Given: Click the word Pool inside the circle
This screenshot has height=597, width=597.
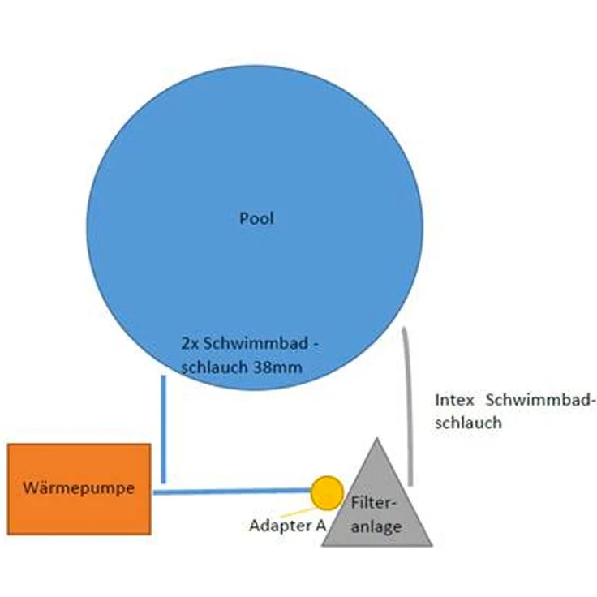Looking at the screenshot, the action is tap(256, 218).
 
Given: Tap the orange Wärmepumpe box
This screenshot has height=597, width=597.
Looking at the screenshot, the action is tap(79, 489).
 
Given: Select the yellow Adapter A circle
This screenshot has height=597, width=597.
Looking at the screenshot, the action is tap(327, 493).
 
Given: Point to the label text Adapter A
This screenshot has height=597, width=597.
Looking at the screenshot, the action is tap(288, 526).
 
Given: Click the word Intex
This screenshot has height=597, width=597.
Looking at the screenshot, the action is tap(454, 400).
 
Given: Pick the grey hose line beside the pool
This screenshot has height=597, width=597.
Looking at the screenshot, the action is tap(409, 406).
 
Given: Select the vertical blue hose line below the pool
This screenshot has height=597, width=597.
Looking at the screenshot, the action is tap(164, 429).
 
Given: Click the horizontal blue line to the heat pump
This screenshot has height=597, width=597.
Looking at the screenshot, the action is tap(232, 492).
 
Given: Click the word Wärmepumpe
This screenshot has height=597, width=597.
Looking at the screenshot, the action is tap(79, 487).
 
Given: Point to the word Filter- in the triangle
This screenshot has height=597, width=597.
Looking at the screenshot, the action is tap(374, 503).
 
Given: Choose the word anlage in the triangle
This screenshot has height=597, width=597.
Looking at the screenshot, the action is tap(376, 527).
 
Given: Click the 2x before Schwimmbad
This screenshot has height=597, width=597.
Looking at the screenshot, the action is tap(189, 344).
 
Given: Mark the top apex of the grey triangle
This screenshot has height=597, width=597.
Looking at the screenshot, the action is tap(377, 439).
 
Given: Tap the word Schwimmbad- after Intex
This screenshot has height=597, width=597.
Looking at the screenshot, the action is tap(541, 400).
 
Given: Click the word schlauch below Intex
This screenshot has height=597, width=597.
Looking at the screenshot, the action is tap(468, 423).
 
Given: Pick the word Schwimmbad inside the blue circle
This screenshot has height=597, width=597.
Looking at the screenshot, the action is tap(255, 344).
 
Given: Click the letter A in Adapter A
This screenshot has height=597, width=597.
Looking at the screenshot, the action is tap(321, 526).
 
